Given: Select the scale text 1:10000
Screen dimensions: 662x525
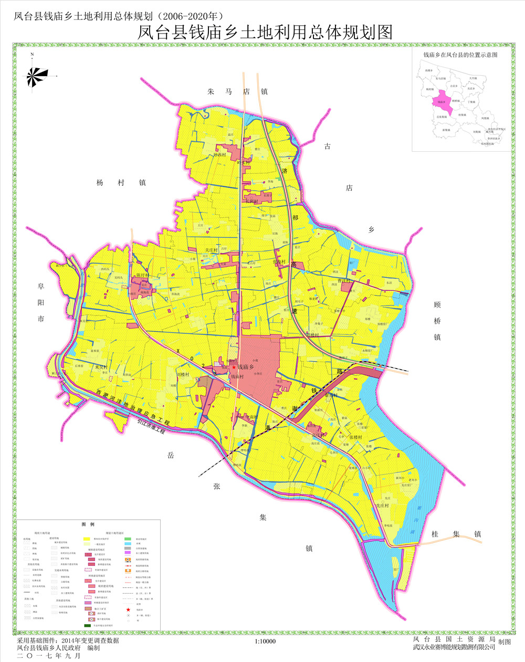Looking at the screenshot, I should [x=265, y=641].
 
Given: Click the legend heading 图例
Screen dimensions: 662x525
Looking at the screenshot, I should [x=88, y=524].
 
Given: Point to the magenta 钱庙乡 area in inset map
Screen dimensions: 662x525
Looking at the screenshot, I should [x=443, y=102].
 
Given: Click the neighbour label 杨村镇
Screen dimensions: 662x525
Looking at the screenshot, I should [x=120, y=183].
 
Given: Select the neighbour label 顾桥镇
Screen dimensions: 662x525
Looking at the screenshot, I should [x=437, y=320].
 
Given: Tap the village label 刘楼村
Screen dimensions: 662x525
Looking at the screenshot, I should [x=183, y=374].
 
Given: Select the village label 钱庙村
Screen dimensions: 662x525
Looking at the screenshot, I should [x=237, y=376].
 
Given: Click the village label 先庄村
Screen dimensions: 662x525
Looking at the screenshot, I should [x=382, y=505].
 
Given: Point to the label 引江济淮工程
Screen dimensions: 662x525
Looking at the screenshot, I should [x=151, y=426].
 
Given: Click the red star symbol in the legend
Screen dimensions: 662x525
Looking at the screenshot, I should [x=128, y=609].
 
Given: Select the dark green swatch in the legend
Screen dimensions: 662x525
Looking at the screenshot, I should [x=87, y=626].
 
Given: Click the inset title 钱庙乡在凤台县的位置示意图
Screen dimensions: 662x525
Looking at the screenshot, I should [x=460, y=55].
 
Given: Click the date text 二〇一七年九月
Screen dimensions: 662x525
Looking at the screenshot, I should [x=49, y=656].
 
